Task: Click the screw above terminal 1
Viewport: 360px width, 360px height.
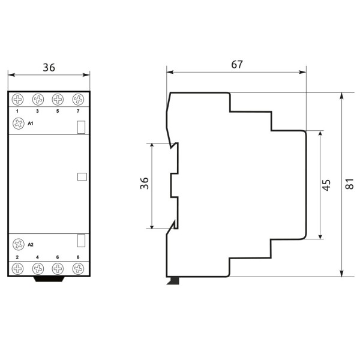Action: (x=17, y=99)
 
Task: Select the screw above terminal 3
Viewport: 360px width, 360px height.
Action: (x=38, y=99)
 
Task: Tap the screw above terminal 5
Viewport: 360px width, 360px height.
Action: (x=58, y=99)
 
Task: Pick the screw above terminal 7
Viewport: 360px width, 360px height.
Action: (x=78, y=99)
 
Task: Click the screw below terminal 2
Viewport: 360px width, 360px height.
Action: (x=17, y=269)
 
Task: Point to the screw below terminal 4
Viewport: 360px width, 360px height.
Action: (x=38, y=269)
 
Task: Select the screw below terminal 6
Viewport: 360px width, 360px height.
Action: (x=58, y=269)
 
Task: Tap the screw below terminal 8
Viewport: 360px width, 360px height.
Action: (x=78, y=269)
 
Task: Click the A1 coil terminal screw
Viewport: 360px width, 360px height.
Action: (x=17, y=124)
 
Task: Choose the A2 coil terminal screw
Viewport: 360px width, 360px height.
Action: (x=17, y=244)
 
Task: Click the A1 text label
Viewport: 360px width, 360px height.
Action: (x=31, y=124)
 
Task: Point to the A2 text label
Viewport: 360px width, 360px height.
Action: (x=31, y=245)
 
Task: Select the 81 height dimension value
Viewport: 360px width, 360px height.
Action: (x=350, y=184)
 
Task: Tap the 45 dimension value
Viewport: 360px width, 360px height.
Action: (x=326, y=185)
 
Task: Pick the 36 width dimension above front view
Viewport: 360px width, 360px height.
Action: (x=49, y=68)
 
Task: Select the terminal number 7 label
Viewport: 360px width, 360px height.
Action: (x=78, y=112)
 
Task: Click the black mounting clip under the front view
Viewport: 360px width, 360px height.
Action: (x=49, y=278)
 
